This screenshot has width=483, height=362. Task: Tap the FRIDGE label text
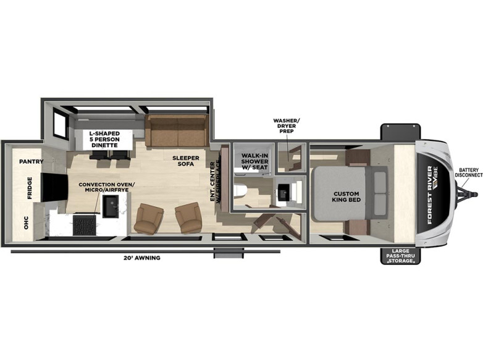coord(30,189)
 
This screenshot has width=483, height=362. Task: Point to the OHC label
coord(26,223)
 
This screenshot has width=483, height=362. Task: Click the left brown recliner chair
coord(149,217)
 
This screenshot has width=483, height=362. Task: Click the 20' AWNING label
coord(141,258)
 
